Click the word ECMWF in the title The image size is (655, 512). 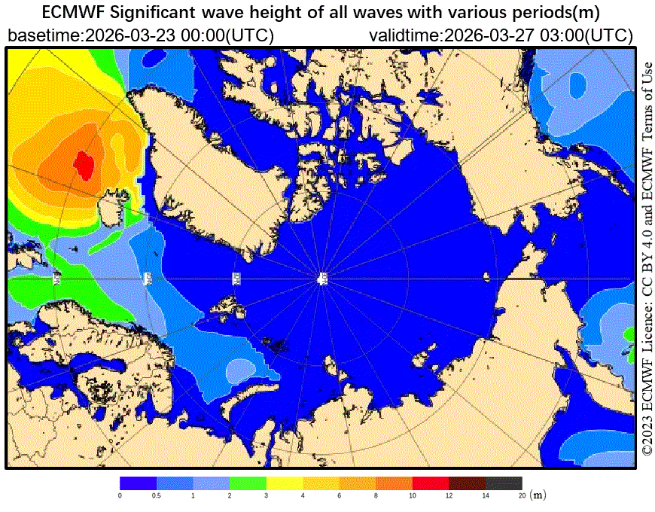[73, 14]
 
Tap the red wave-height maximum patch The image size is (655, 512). [84, 162]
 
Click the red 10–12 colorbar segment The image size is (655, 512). [430, 483]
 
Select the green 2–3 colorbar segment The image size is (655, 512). [248, 483]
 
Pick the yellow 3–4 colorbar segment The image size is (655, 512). [284, 483]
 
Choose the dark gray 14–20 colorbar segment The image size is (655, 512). [503, 483]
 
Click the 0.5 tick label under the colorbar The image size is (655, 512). [156, 495]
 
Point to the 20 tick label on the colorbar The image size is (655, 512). [521, 495]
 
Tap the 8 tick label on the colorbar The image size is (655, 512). [376, 495]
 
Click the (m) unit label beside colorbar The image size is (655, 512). [538, 495]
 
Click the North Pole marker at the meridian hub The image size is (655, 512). [322, 279]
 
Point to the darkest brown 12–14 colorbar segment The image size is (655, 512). [467, 483]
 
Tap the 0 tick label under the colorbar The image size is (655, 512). [120, 495]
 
